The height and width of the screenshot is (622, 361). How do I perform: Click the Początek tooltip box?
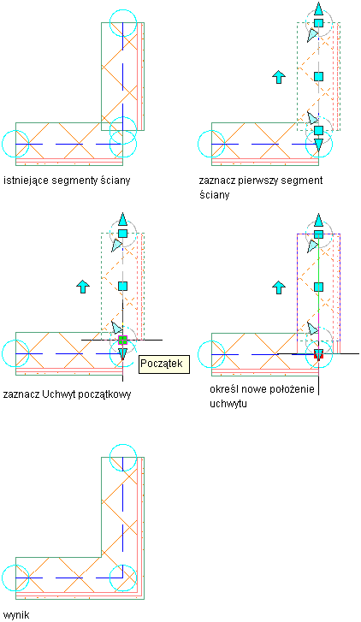pos(164,364)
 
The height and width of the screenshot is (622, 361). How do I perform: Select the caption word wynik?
pos(16,615)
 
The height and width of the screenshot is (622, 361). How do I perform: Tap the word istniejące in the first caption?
pos(26,181)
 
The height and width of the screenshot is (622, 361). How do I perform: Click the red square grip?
pos(318,354)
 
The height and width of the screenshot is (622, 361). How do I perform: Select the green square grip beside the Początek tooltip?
pos(122,340)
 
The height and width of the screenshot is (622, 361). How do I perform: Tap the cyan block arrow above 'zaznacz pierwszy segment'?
pos(279,77)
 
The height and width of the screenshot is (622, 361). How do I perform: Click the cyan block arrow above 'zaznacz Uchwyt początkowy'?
pos(83,287)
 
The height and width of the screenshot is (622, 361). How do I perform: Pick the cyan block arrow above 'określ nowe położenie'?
pos(279,287)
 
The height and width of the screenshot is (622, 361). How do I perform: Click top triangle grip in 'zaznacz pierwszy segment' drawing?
pos(318,9)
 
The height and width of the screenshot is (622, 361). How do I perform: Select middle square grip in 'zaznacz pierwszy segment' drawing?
pos(318,76)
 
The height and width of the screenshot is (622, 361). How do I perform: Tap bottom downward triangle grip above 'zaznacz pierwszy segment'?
pos(318,145)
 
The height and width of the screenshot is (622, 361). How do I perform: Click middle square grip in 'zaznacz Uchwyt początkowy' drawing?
pos(122,286)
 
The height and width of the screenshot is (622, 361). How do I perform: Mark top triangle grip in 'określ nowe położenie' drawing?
pos(318,220)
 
